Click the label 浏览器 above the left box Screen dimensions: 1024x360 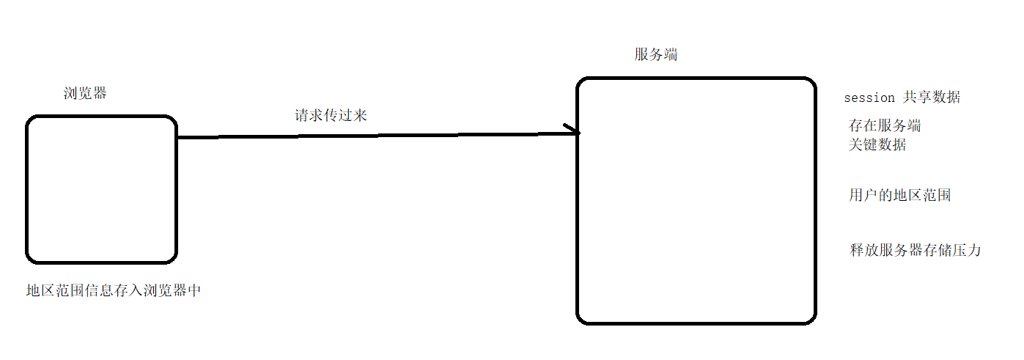[85, 94]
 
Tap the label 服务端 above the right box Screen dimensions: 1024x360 [656, 54]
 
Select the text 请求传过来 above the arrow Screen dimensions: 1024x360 [331, 115]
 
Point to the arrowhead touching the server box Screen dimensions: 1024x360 [574, 132]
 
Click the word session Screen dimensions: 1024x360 [869, 98]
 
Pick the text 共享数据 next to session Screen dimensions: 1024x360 [932, 98]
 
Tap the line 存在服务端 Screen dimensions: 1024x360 [885, 125]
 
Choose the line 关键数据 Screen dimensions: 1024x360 [877, 144]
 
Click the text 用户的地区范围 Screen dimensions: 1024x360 [900, 196]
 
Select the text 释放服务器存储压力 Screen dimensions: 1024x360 [915, 250]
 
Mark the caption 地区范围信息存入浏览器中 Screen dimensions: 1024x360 [114, 291]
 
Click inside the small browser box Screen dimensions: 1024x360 [102, 189]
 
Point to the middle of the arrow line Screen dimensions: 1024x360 [377, 135]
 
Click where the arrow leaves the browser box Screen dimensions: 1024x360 [178, 137]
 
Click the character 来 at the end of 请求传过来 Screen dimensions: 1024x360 [359, 115]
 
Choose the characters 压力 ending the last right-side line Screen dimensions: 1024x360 [965, 250]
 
